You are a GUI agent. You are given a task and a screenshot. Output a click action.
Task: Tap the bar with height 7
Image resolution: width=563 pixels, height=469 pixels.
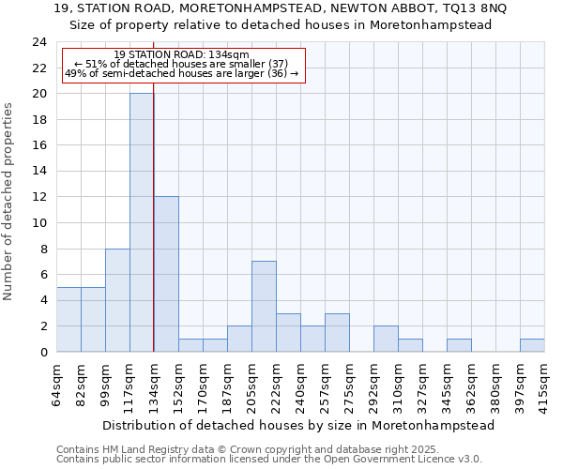click(x=264, y=306)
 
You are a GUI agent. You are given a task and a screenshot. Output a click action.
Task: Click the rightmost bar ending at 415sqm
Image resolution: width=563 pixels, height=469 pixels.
click(x=532, y=345)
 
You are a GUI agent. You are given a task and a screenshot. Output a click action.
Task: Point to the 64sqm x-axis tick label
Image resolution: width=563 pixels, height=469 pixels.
click(x=57, y=383)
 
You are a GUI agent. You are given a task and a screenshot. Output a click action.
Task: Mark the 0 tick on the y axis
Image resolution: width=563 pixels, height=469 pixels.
click(x=43, y=352)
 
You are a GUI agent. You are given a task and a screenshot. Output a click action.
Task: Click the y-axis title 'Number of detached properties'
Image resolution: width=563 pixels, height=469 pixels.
click(x=9, y=201)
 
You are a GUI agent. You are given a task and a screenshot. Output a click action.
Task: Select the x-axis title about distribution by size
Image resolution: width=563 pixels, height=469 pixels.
click(x=298, y=425)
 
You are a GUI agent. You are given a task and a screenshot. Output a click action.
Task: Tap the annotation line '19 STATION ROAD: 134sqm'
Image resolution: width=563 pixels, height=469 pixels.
click(x=182, y=55)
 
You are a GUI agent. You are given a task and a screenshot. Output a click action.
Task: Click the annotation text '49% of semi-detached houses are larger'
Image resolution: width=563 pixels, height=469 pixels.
click(x=182, y=73)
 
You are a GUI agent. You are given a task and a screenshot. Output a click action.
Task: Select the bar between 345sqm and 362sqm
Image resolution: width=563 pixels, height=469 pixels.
click(x=459, y=345)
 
